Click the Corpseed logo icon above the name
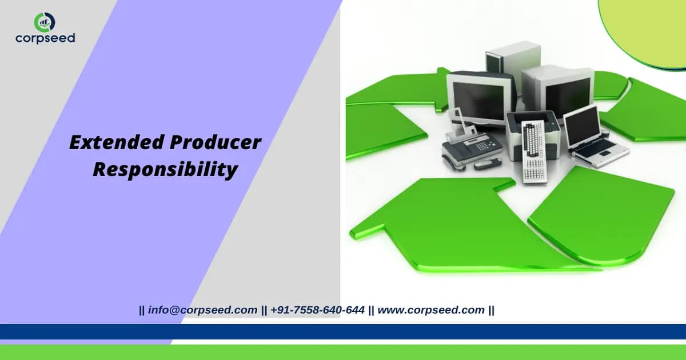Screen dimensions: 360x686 pyautogui.click(x=45, y=22)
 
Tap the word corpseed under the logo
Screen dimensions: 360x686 pyautogui.click(x=45, y=38)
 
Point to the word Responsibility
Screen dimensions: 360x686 pyautogui.click(x=165, y=170)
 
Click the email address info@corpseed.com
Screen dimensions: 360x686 pyautogui.click(x=202, y=310)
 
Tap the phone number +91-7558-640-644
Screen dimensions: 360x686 pyautogui.click(x=317, y=310)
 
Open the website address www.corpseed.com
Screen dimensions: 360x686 pyautogui.click(x=431, y=310)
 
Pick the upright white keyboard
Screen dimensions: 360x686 pyautogui.click(x=535, y=151)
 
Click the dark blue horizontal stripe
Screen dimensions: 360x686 pyautogui.click(x=343, y=331)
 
